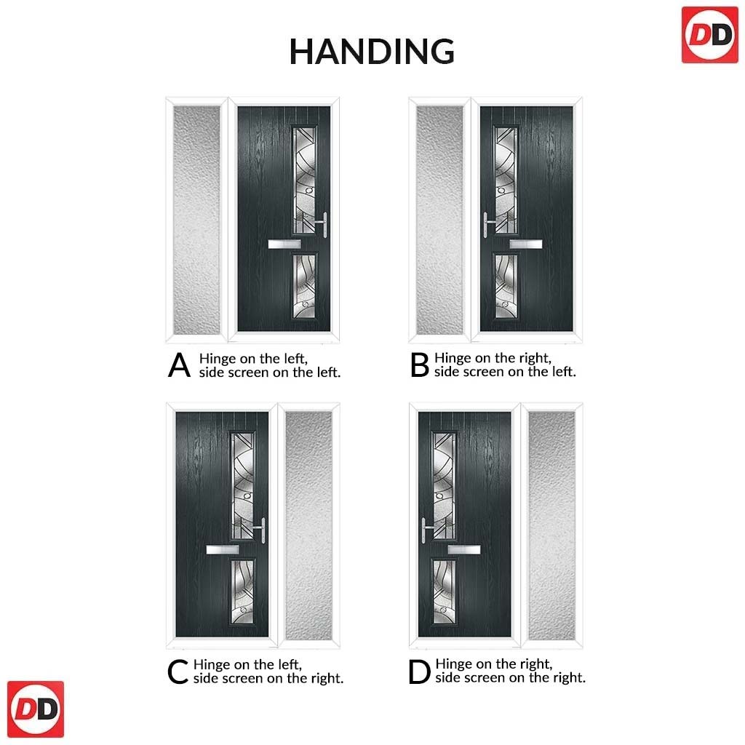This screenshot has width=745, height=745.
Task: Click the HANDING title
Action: [372, 52]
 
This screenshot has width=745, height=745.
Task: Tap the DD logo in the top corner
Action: [710, 35]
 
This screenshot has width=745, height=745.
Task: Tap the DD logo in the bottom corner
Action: [36, 709]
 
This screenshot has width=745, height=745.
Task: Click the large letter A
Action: [179, 365]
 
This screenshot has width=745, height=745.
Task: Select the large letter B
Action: [420, 365]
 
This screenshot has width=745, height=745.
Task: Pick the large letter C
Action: [178, 672]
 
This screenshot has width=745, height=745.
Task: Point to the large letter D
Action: [419, 672]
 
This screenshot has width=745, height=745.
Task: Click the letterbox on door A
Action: [284, 244]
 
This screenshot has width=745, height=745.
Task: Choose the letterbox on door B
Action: [526, 244]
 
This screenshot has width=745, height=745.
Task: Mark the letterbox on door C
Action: [223, 550]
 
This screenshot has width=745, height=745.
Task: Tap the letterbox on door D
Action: [464, 550]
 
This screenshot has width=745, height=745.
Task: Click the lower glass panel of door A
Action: [304, 286]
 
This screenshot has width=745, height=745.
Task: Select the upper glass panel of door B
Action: [506, 180]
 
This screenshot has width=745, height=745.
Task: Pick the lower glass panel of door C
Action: [242, 591]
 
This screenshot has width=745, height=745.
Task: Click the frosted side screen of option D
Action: [551, 525]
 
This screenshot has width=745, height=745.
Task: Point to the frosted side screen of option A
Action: [196, 220]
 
